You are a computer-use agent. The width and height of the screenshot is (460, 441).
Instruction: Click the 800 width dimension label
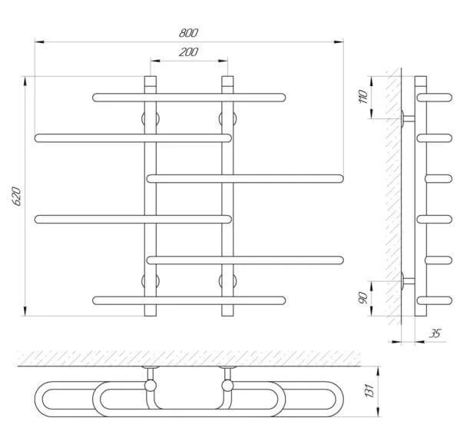click(189, 32)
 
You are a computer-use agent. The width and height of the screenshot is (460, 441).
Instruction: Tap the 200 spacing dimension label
click(189, 52)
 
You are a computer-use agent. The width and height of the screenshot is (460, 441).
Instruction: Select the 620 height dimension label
click(17, 196)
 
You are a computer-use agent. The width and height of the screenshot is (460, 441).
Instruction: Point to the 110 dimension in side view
click(363, 96)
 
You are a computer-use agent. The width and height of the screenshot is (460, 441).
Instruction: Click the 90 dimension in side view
click(363, 298)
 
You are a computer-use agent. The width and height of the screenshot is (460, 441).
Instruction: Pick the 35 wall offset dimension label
click(435, 333)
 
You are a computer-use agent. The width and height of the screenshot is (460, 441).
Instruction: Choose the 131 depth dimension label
click(369, 390)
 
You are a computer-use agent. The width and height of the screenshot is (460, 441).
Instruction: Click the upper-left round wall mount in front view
click(151, 119)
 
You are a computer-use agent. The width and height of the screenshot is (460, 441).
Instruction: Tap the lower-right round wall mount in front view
click(227, 281)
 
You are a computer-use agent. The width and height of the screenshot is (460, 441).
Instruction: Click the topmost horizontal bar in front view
click(189, 98)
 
